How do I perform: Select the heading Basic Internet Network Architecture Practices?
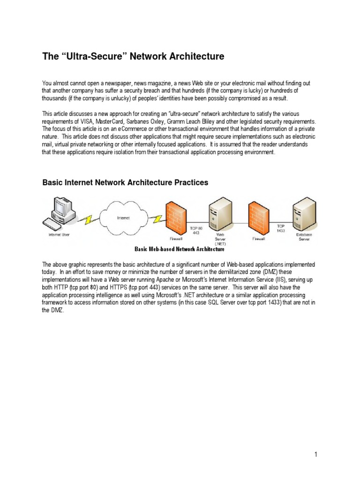(x=125, y=183)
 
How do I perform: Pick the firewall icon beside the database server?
(x=259, y=212)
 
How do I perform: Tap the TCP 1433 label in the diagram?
(x=280, y=228)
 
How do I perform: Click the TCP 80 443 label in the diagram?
(x=195, y=231)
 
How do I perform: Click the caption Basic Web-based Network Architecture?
(x=180, y=249)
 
